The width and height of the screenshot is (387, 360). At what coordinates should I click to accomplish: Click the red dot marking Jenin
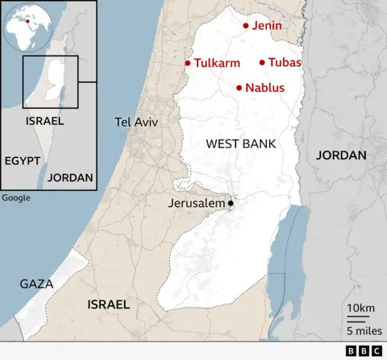pos(246,26)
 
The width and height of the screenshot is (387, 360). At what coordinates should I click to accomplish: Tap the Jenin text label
pos(267,26)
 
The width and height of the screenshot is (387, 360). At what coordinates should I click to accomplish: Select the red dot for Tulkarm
pos(188,63)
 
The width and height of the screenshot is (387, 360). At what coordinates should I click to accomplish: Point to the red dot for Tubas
pos(262,62)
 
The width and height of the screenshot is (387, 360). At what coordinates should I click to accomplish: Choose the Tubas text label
pos(285,62)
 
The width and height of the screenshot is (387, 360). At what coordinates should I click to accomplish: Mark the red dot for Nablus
pos(239,87)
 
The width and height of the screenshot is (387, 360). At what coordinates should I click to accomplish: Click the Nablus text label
pos(264,87)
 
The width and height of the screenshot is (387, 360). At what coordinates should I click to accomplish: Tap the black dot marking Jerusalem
pos(231,203)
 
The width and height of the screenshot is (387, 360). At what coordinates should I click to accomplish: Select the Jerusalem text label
pos(197,204)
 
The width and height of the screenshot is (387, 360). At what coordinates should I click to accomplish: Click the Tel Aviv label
pos(136,122)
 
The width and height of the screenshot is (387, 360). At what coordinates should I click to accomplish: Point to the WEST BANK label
pos(241,144)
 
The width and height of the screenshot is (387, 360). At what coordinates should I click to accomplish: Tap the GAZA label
pos(36,284)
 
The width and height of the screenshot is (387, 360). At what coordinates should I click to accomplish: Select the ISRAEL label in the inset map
pos(44,121)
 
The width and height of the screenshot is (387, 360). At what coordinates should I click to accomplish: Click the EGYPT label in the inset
pos(23,160)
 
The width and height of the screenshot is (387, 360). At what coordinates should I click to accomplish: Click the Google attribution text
pos(16,197)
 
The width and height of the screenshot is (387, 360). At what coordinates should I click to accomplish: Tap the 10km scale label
pos(360,308)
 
